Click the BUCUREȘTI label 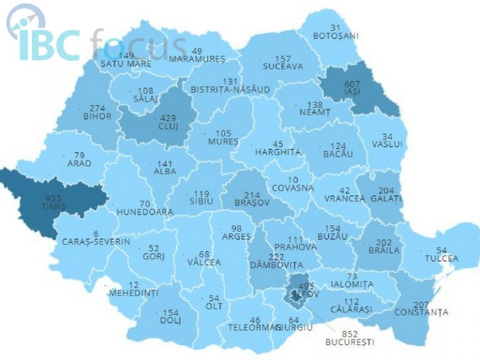tap(349, 342)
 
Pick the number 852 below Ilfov tap(350, 333)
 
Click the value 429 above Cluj tap(167, 117)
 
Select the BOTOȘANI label tap(336, 36)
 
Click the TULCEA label tap(442, 258)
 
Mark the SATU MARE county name tap(126, 63)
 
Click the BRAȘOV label tap(253, 203)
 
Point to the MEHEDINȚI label tap(134, 292)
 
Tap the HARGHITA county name tap(277, 152)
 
